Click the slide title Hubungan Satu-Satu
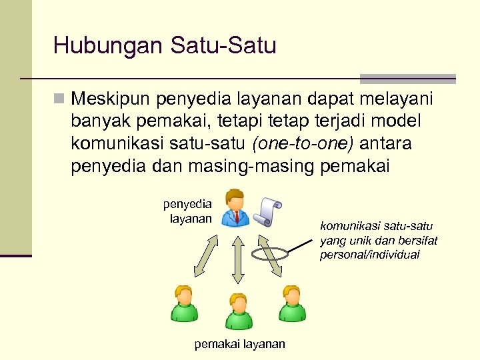point(164,46)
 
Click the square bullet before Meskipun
point(59,99)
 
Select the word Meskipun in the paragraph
point(110,99)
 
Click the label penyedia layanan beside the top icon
point(188,211)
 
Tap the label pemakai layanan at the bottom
point(239,344)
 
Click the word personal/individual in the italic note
point(369,255)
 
